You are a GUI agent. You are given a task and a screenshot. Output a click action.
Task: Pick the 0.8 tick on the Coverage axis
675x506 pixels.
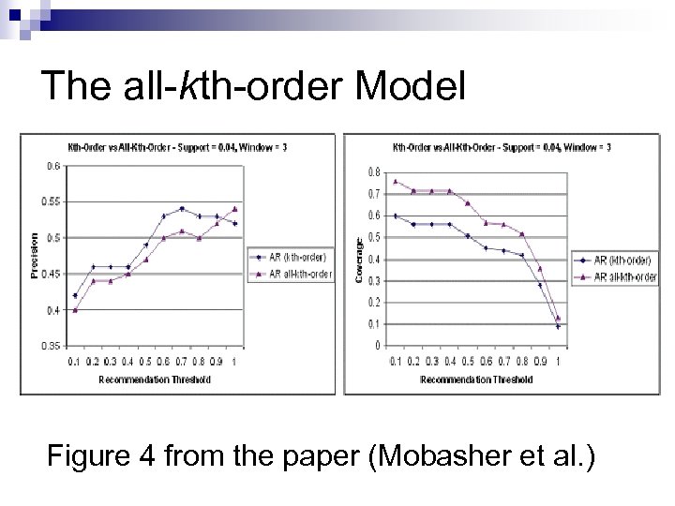tap(375, 172)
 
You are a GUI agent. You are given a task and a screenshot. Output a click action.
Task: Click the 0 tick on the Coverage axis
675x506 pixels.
tap(379, 346)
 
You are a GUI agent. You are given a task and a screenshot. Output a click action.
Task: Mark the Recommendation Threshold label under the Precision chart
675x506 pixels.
tap(155, 379)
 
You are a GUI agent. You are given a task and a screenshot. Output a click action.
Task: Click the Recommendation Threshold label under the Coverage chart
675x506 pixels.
tap(476, 379)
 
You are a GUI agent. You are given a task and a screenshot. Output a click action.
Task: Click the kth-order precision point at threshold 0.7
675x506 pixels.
tap(182, 208)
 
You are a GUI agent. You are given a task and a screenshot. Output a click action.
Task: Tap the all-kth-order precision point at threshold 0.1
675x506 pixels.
tap(75, 310)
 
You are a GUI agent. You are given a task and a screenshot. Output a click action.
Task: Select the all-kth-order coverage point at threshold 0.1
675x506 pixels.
tap(397, 182)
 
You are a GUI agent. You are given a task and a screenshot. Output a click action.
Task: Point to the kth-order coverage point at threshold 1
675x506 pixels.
tap(558, 326)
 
